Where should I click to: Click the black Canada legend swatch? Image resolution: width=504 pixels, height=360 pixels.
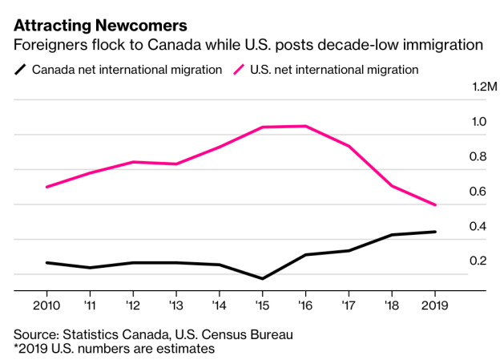tap(21, 70)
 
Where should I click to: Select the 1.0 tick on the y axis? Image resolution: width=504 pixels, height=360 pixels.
tap(479, 122)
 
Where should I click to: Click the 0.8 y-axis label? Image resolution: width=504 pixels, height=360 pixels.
tap(479, 156)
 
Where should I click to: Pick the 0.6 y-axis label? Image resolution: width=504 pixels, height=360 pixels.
tap(479, 191)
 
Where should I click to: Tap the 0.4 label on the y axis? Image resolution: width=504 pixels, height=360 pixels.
tap(479, 226)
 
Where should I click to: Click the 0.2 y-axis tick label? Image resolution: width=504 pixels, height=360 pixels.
tap(479, 261)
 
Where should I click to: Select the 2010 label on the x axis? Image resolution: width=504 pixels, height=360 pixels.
tap(46, 306)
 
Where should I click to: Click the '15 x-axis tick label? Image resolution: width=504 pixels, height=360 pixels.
tap(261, 306)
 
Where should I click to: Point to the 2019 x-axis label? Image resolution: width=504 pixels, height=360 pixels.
tap(434, 306)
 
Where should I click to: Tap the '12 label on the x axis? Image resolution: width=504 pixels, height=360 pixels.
tap(132, 306)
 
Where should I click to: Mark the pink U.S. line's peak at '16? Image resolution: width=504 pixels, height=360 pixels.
tap(305, 126)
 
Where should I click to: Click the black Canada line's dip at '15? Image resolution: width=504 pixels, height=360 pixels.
tap(262, 279)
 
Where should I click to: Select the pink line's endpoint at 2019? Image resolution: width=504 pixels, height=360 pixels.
tap(435, 205)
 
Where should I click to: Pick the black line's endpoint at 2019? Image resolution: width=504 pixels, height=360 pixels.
tap(435, 232)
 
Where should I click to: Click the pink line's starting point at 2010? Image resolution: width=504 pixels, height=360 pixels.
tap(46, 187)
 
